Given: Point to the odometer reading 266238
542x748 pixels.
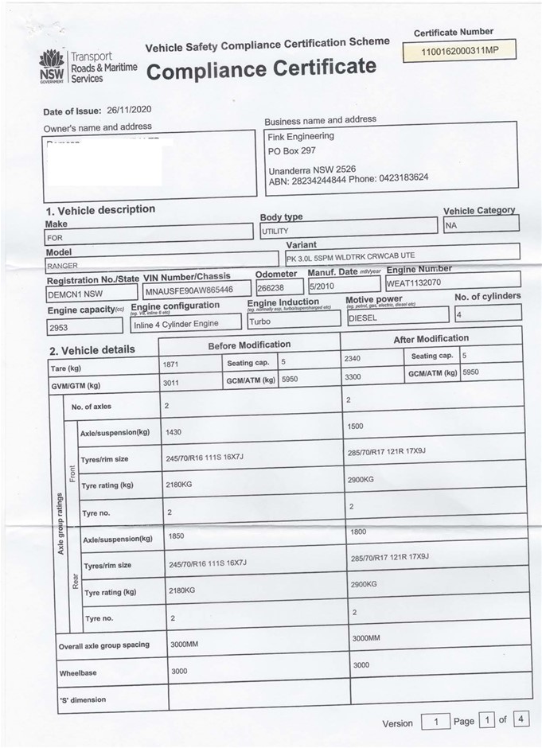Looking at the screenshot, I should point(271,289).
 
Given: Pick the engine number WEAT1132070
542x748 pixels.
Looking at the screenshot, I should point(413,282).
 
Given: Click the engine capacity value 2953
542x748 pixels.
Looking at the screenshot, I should point(59,327).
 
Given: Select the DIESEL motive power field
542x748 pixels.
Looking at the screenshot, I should point(365,317).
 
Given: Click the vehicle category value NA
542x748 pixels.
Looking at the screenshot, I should point(451,226).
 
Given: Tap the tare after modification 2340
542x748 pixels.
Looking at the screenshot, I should point(352,359).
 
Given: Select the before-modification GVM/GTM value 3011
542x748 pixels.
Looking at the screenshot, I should point(170,383).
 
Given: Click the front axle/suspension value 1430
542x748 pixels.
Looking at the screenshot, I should point(174,431).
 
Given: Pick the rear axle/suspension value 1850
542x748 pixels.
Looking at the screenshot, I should point(176,536).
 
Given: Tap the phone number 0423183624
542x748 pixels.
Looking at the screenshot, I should point(398,177).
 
